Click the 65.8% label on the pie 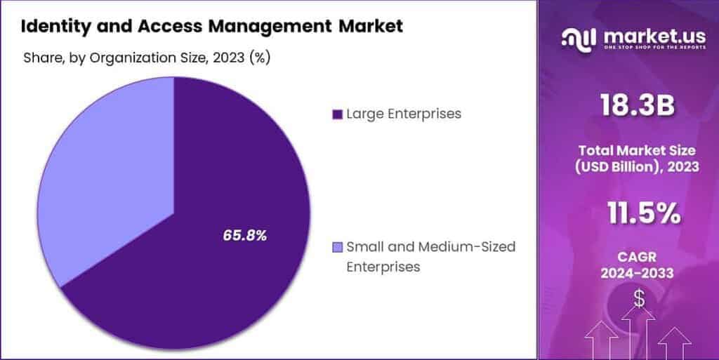[244, 236]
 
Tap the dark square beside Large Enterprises [336, 114]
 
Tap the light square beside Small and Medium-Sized [336, 246]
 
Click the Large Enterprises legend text [403, 114]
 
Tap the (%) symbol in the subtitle [260, 58]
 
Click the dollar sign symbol [639, 298]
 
